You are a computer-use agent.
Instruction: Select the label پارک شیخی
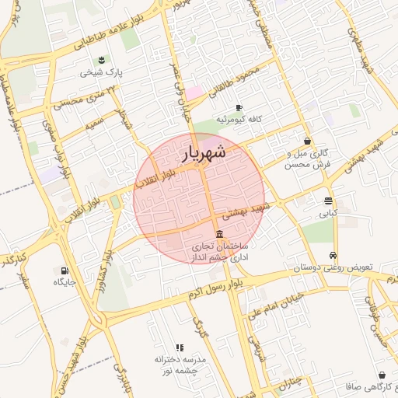[x=102, y=74]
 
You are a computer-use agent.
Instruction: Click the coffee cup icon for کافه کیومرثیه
[x=238, y=107]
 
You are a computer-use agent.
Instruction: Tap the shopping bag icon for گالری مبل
[x=309, y=141]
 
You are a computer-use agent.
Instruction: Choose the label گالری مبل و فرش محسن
[x=308, y=159]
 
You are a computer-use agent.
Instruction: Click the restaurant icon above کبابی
[x=328, y=200]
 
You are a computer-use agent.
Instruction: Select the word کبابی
[x=328, y=212]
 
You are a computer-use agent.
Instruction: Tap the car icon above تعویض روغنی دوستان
[x=333, y=255]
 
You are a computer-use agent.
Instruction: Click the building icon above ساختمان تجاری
[x=220, y=235]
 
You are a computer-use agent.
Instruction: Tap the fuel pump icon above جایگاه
[x=64, y=270]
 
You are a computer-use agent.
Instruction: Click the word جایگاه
[x=64, y=282]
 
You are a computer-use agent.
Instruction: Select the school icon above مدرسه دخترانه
[x=180, y=347]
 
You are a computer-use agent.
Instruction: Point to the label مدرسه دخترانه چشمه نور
[x=179, y=365]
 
